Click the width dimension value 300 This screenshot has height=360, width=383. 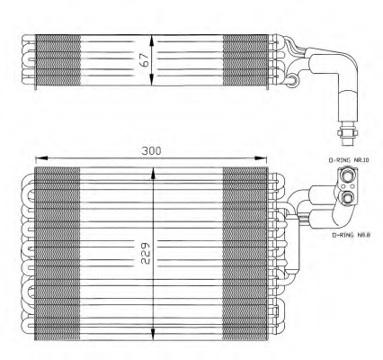point(151,151)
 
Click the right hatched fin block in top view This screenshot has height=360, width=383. point(243,60)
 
